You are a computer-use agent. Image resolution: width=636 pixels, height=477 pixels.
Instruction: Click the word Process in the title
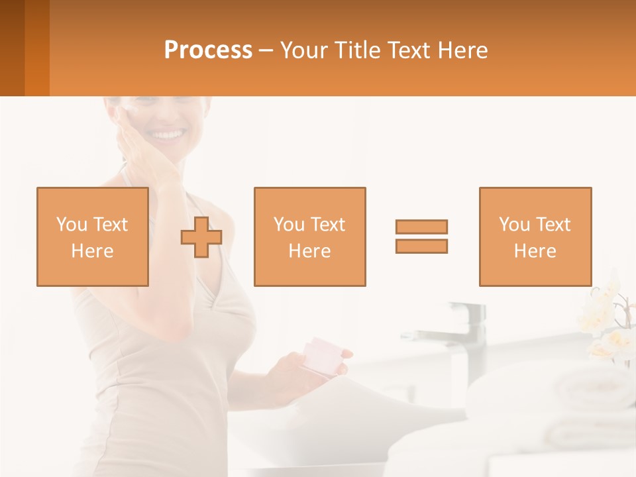pos(208,50)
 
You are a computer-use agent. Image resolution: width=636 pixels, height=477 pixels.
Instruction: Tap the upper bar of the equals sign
pos(421,227)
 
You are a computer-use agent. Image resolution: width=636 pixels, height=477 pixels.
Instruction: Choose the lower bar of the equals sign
pos(421,246)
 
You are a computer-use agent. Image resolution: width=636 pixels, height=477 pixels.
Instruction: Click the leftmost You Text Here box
pos(92,237)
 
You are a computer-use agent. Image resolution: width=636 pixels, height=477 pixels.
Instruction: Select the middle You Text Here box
pos(309,237)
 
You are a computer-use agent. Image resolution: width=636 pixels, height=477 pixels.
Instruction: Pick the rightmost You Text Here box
pos(535,237)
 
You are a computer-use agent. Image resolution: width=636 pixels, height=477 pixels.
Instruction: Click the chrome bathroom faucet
pos(464,331)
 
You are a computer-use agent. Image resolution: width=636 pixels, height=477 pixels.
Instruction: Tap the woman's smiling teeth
pos(168,135)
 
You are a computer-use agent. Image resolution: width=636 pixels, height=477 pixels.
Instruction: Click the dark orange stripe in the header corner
pos(37,48)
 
